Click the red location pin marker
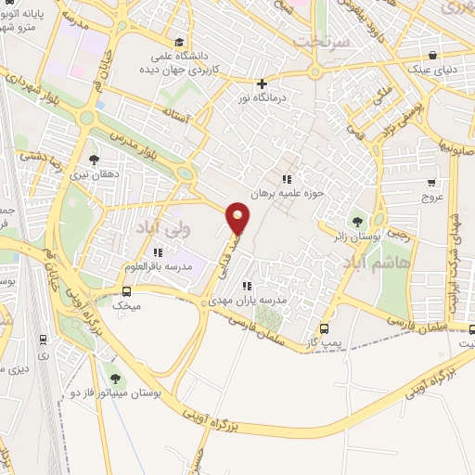coord(239,217)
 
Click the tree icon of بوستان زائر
coord(356,221)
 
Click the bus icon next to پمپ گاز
coord(324,328)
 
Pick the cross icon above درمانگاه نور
coord(263,83)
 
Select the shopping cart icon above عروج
coord(432,183)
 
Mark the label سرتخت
coord(320,41)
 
